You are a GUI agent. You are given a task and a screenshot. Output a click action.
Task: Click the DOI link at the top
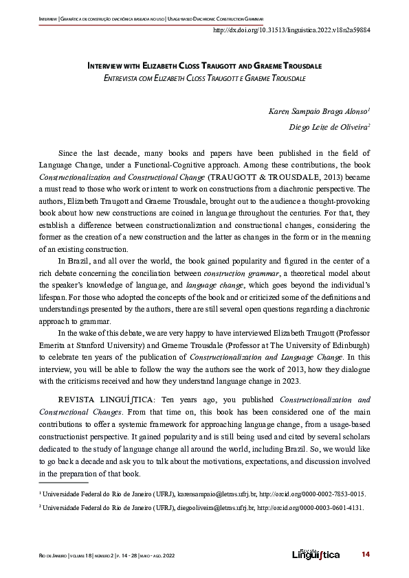292,30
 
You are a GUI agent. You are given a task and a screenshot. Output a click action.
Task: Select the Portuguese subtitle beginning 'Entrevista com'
204,79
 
